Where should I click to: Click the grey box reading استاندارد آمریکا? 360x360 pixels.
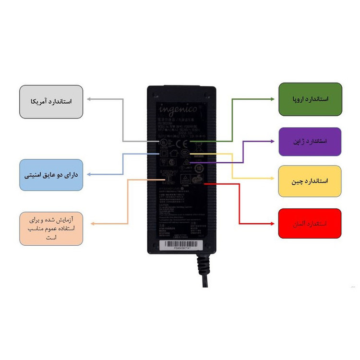pyautogui.click(x=52, y=102)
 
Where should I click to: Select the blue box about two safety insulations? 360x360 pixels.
pyautogui.click(x=52, y=175)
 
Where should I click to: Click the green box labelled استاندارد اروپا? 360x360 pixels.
pyautogui.click(x=310, y=99)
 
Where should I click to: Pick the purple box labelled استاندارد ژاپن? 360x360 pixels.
pyautogui.click(x=310, y=142)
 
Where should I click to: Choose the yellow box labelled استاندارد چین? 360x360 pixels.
pyautogui.click(x=310, y=181)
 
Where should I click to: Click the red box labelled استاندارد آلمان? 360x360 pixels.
pyautogui.click(x=310, y=224)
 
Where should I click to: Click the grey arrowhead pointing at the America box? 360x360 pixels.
pyautogui.click(x=88, y=99)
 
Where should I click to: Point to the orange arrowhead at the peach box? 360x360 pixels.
pyautogui.click(x=93, y=224)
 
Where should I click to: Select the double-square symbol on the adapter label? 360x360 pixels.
pyautogui.click(x=163, y=154)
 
